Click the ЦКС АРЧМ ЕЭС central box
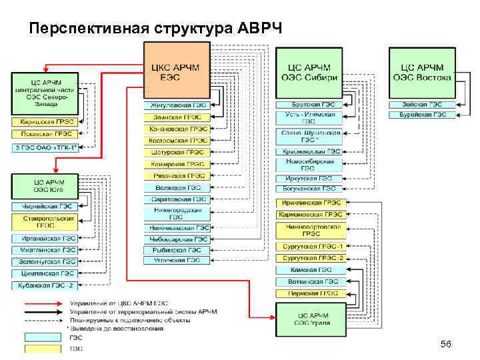click(x=175, y=71)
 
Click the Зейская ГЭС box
click(x=421, y=105)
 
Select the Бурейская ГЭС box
click(x=421, y=115)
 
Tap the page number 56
click(x=446, y=344)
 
